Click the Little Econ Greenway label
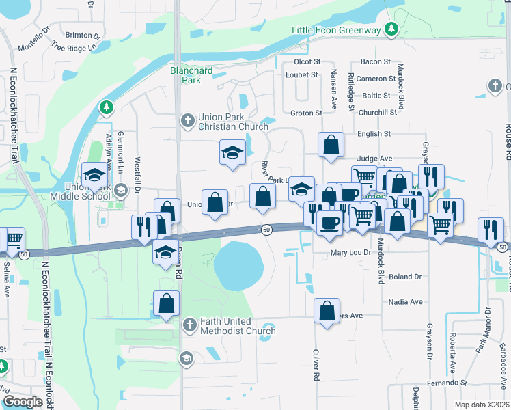pyautogui.click(x=336, y=30)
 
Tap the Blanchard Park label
pyautogui.click(x=191, y=75)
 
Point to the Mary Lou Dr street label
pyautogui.click(x=350, y=252)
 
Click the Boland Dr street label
pyautogui.click(x=405, y=277)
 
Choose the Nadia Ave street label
pyautogui.click(x=405, y=301)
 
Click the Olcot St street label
pyautogui.click(x=307, y=61)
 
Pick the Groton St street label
pyautogui.click(x=306, y=113)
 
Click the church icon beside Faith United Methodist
pyautogui.click(x=189, y=325)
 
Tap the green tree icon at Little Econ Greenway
pyautogui.click(x=391, y=29)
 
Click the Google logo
pyautogui.click(x=23, y=402)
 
